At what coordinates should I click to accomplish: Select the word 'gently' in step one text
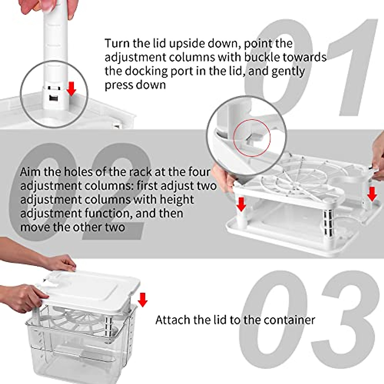pos(288,71)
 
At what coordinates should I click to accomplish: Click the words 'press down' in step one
pos(135,85)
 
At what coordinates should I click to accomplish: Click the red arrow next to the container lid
pos(142,299)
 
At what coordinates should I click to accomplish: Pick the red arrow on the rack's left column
pos(241,204)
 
